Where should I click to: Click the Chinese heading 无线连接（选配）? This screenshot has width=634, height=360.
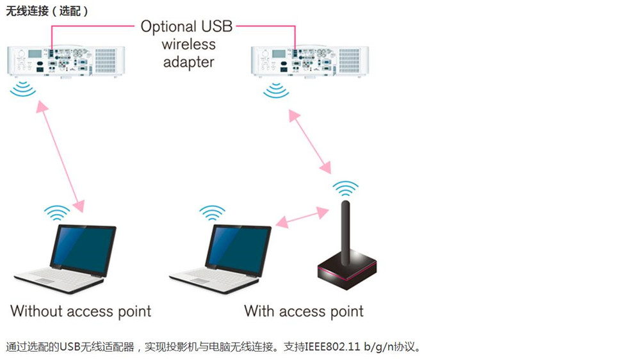[x=47, y=11]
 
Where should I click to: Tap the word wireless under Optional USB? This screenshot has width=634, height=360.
[x=188, y=44]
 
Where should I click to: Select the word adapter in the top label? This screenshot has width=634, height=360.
[x=188, y=62]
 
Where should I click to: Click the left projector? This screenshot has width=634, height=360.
[x=66, y=61]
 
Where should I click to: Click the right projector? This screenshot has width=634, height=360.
[x=310, y=61]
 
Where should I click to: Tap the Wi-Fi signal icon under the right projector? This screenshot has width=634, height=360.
[x=276, y=90]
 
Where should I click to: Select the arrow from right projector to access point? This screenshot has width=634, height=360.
[x=310, y=142]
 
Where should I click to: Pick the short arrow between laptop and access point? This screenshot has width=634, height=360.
[x=302, y=218]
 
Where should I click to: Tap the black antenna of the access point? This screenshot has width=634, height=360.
[x=345, y=233]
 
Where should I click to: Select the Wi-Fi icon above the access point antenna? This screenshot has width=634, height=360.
[x=345, y=188]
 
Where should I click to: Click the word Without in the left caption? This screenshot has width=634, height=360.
[x=37, y=311]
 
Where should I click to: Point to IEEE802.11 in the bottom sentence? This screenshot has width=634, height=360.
[x=332, y=347]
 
